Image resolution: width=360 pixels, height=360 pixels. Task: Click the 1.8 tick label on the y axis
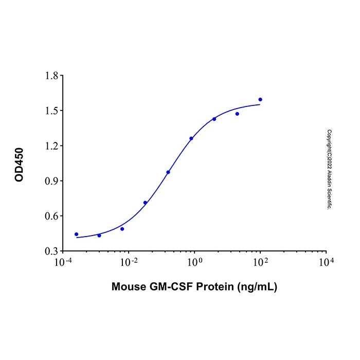50,76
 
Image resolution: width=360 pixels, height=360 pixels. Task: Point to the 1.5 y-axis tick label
50,111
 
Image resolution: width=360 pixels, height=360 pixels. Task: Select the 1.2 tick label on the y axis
50,146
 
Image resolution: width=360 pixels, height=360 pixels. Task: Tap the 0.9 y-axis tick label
50,181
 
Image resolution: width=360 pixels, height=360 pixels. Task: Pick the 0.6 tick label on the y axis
50,216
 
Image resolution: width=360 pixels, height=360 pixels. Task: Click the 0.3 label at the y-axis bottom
50,251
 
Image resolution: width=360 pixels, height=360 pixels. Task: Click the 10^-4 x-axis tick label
63,262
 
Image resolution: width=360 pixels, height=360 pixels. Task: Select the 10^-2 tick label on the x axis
129,262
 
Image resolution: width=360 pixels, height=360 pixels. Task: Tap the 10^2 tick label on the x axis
260,262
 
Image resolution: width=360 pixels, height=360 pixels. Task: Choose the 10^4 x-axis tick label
326,262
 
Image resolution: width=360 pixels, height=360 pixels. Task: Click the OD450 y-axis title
20,164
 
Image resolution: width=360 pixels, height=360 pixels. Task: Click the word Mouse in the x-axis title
127,287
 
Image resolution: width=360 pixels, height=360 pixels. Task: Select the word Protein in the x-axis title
212,287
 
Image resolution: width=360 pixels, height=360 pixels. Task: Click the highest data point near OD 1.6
260,99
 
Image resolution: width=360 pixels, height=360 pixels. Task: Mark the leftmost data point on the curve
77,234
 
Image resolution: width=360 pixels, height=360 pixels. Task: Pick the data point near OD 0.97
168,172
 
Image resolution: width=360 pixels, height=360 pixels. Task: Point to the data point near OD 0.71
145,203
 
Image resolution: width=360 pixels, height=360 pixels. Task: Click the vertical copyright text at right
329,168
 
